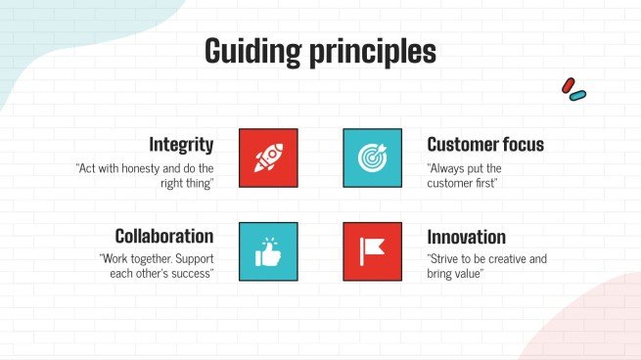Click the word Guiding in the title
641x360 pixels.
coord(253,52)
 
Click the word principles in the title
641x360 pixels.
coord(373,52)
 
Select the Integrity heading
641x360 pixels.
coord(181,145)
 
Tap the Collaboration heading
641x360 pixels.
coord(164,236)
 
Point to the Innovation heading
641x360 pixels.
coord(467,237)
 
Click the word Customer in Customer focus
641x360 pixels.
coord(461,145)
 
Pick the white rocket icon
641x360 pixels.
coord(268,157)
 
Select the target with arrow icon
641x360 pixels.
coord(373,157)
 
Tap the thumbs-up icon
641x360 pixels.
coord(268,251)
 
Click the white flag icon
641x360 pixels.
coord(372,251)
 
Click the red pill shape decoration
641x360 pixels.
coord(569,85)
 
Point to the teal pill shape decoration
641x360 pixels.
coord(577,96)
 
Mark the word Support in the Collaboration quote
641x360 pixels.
coord(195,259)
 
